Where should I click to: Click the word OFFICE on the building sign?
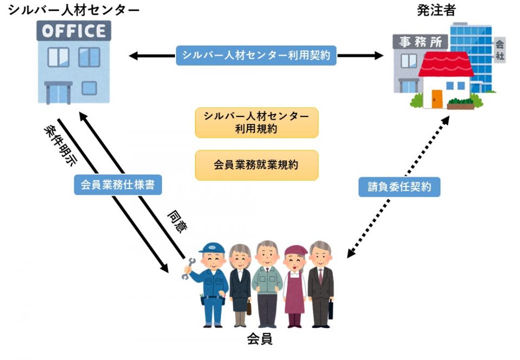(x=74, y=31)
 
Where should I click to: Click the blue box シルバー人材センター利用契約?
(x=256, y=55)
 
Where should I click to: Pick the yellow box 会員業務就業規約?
(x=256, y=165)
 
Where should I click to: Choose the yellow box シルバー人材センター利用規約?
(x=256, y=123)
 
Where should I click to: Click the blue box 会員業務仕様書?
(x=118, y=185)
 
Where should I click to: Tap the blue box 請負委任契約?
(x=399, y=187)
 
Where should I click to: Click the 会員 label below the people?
(x=259, y=340)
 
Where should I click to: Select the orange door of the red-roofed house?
(x=437, y=98)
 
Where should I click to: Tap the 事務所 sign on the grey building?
(x=420, y=42)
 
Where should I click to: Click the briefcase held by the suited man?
(x=331, y=309)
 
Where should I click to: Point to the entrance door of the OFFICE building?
(x=58, y=92)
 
